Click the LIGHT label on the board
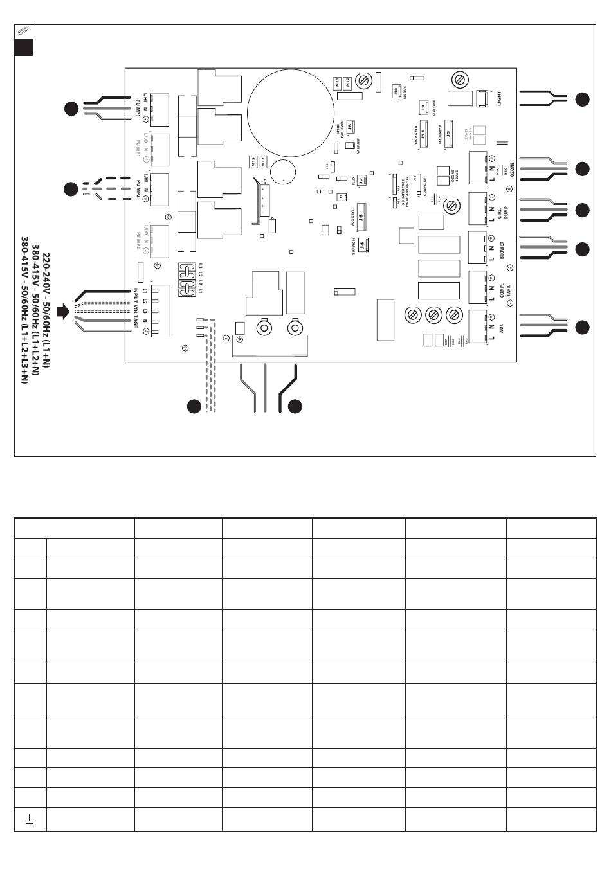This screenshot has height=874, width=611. pos(499,98)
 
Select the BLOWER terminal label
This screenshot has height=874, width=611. pos(502,249)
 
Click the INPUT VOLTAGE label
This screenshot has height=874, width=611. pos(136,308)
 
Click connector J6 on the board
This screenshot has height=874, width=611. pos(361,217)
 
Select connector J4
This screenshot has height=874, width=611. pos(363,245)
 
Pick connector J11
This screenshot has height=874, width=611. pos(424,137)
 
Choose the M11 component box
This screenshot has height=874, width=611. pos(338,82)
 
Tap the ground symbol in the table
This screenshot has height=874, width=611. pos(30,820)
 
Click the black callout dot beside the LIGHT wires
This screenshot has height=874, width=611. pos(581,99)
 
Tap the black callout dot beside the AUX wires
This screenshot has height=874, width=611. pos(581,327)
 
